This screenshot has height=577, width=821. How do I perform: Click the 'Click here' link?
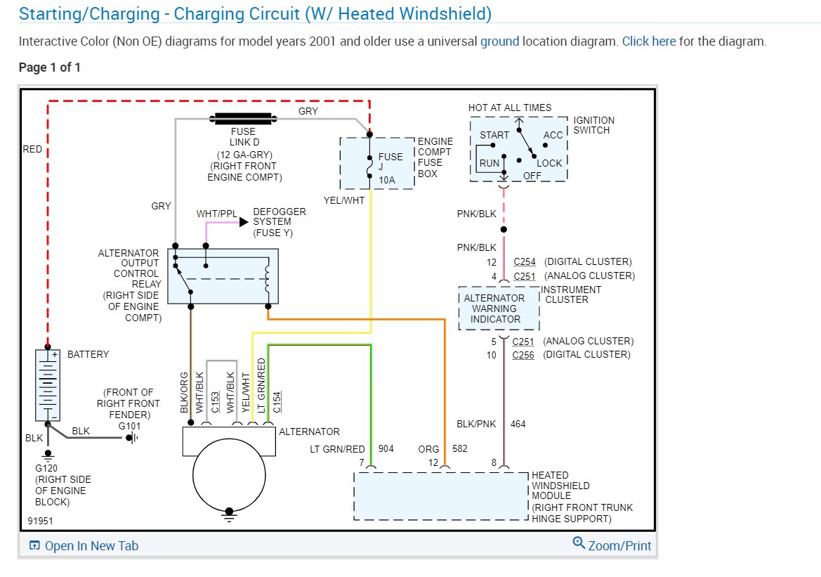649,41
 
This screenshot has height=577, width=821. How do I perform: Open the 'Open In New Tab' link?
84,545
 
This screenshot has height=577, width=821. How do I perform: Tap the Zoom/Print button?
612,545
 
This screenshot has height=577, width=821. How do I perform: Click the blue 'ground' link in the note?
499,41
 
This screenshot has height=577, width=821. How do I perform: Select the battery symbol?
48,385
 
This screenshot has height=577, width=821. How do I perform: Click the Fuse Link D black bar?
243,119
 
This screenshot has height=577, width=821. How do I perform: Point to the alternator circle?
229,475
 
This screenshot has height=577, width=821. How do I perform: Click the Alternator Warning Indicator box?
499,309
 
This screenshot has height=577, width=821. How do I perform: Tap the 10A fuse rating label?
387,181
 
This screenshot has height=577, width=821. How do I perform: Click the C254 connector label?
524,261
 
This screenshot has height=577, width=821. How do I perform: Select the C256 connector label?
523,355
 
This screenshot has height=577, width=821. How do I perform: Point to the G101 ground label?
129,426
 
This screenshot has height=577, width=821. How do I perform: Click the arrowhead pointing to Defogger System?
244,222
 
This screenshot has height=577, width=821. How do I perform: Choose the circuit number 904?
386,448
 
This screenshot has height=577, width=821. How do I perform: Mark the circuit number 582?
460,448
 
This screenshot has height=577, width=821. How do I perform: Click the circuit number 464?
518,424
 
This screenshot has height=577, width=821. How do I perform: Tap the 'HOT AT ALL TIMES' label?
509,108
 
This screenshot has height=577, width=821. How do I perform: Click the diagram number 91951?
40,521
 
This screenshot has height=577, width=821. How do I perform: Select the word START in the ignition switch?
494,135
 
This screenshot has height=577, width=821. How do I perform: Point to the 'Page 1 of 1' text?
50,67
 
